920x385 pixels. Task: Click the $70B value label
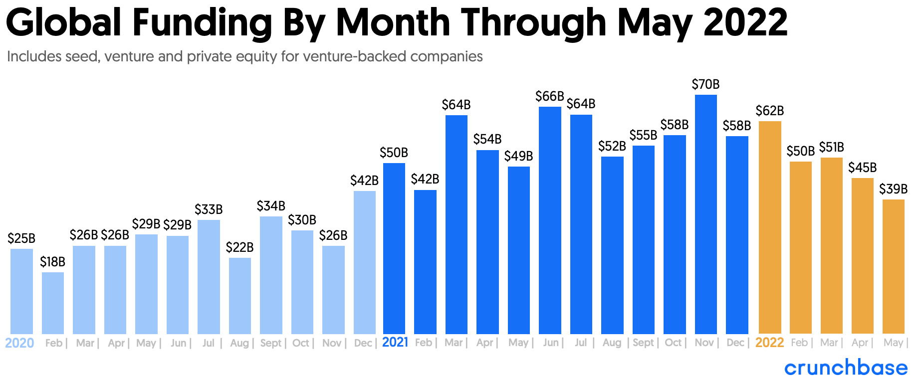click(x=705, y=84)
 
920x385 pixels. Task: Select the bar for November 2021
click(x=705, y=214)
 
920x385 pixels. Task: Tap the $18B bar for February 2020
click(x=53, y=303)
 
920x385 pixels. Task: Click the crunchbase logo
click(x=846, y=368)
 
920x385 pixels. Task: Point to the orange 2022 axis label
click(x=769, y=343)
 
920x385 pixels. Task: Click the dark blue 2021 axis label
click(x=395, y=343)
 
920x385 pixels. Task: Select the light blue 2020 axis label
click(x=19, y=343)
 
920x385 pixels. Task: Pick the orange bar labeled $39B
click(x=893, y=266)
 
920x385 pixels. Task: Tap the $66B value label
click(x=549, y=96)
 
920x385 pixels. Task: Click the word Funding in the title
click(x=202, y=22)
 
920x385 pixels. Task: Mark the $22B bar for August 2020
click(x=240, y=296)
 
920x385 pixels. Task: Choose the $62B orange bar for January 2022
click(x=769, y=227)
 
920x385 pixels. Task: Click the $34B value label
click(x=271, y=206)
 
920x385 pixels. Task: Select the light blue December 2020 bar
click(x=364, y=262)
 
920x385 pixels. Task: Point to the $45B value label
click(x=862, y=168)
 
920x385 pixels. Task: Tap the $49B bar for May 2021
click(x=518, y=250)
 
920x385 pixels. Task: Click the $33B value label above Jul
click(x=209, y=209)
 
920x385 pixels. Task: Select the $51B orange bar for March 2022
click(x=831, y=245)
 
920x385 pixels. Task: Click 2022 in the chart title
click(x=745, y=22)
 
